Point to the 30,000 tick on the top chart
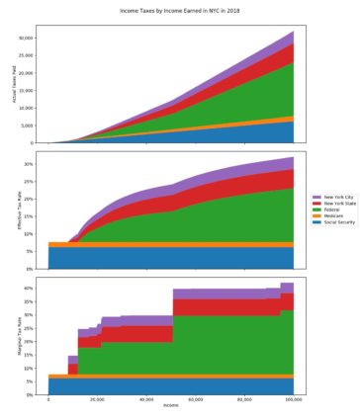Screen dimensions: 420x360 30,38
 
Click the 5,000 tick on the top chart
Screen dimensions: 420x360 32,126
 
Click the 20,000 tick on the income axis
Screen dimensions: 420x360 97,399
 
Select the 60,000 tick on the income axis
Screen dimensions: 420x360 196,399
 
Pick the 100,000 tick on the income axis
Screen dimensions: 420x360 294,399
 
